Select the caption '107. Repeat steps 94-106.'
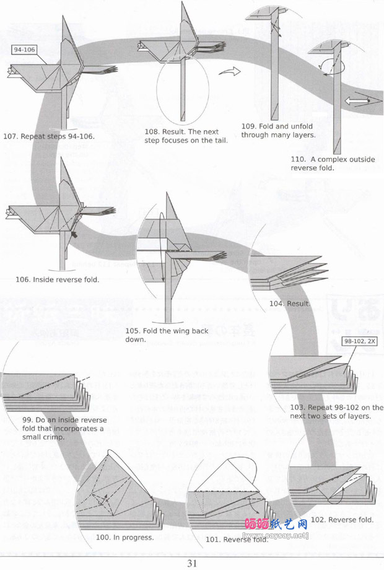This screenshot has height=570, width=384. (x=49, y=136)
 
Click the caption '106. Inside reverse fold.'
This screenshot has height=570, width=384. (x=57, y=279)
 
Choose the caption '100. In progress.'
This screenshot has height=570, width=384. (x=124, y=537)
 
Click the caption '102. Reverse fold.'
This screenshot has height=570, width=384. (x=342, y=520)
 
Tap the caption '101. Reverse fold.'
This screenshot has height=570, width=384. (x=237, y=539)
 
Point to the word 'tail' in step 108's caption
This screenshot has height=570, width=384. (x=220, y=140)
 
